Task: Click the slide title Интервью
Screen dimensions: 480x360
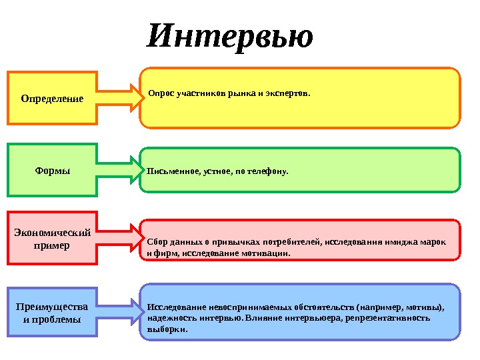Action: [x=230, y=37]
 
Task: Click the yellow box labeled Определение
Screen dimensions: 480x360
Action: [x=52, y=98]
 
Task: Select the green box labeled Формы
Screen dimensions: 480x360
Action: [x=52, y=170]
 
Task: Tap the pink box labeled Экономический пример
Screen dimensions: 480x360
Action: [x=52, y=239]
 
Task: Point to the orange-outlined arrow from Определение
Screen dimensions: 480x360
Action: [x=120, y=98]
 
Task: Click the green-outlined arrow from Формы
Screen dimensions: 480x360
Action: [x=120, y=170]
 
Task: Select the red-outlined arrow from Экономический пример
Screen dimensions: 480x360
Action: [x=120, y=239]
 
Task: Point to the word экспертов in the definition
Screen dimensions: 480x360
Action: [x=289, y=94]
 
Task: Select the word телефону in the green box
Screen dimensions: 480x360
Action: [x=268, y=171]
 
